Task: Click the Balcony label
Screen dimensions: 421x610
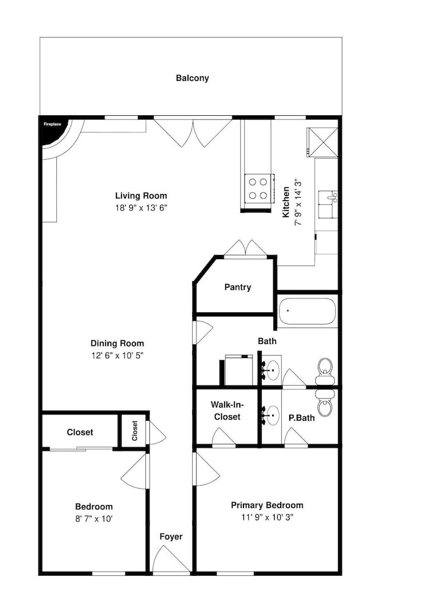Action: pos(192,78)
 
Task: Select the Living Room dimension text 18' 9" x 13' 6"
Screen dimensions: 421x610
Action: pos(141,208)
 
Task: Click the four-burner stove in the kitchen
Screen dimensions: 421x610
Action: pos(258,188)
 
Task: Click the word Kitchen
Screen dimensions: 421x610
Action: pos(286,202)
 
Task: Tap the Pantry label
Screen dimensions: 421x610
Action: pos(237,287)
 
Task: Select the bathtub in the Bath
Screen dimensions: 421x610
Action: pos(308,311)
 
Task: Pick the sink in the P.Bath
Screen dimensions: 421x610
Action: pos(271,415)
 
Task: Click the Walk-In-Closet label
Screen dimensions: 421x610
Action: pos(227,411)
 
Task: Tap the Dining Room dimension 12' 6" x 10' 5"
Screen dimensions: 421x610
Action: pos(117,355)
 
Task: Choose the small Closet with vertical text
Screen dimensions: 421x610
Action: pos(134,431)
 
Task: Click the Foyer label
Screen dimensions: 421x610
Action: pos(171,537)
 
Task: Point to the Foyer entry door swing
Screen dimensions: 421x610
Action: pos(170,559)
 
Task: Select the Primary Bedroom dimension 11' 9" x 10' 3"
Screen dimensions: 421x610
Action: pos(267,517)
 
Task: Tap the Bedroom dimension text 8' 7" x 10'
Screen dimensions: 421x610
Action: pos(94,518)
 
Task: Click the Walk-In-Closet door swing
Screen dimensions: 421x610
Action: pos(223,437)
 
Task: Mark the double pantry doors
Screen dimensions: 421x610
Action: pos(245,249)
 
